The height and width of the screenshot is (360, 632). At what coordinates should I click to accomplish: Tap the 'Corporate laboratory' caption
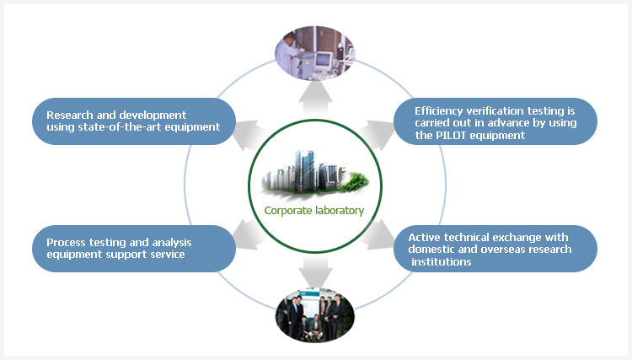[314, 211]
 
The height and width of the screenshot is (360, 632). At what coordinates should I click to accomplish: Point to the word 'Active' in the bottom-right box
[424, 237]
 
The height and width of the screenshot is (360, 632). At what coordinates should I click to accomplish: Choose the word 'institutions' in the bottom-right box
[442, 261]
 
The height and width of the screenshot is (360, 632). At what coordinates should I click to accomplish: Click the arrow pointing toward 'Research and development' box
[249, 131]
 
